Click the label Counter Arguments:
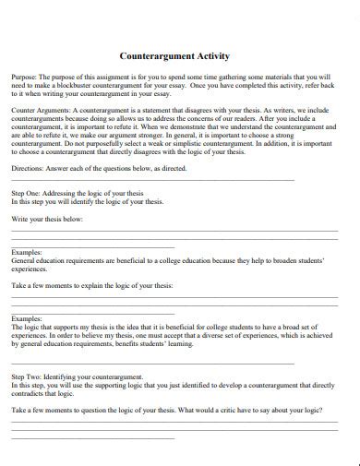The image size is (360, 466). point(38,107)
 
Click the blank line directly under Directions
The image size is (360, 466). point(152,179)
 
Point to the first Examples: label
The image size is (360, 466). point(27,253)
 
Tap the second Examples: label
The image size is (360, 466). point(27,318)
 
